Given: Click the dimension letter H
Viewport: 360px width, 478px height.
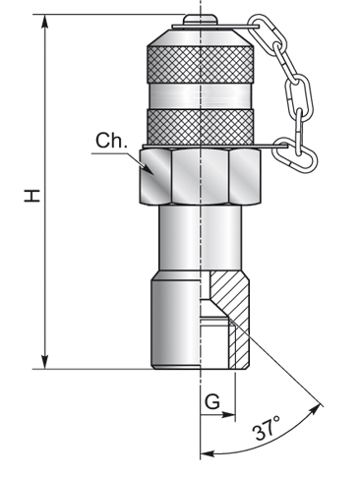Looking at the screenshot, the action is (x=32, y=196).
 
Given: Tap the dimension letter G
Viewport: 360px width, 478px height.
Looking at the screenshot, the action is (x=212, y=401).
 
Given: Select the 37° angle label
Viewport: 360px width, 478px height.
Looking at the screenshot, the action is (x=268, y=428).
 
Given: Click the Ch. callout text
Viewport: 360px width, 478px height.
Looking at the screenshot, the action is (x=111, y=141).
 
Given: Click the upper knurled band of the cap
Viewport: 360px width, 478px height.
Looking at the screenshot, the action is (x=200, y=65).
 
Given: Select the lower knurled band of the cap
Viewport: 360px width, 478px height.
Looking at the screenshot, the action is (x=200, y=126).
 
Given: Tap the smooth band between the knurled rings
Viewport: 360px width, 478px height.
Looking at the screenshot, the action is (x=200, y=95).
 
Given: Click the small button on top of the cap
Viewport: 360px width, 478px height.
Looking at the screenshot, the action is (x=200, y=19).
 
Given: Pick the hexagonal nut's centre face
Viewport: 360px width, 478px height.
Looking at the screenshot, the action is (x=200, y=177).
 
